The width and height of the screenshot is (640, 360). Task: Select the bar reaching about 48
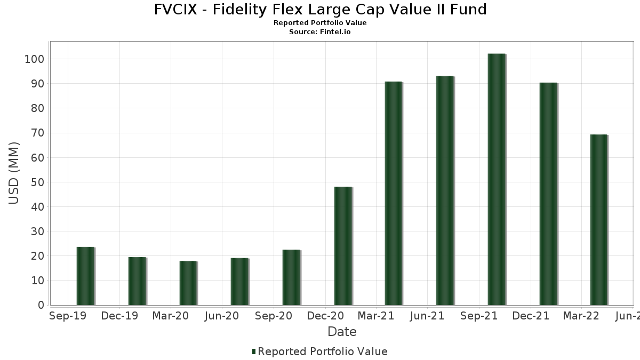click(x=343, y=246)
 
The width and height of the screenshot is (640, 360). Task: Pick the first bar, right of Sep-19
click(x=85, y=276)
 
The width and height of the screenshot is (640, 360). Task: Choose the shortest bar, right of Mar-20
click(x=188, y=283)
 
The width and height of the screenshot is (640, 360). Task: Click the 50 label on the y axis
click(x=37, y=182)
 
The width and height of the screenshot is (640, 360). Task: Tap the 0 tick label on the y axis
click(x=40, y=306)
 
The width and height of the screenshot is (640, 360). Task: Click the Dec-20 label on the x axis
click(x=325, y=316)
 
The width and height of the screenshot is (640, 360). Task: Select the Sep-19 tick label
click(x=68, y=316)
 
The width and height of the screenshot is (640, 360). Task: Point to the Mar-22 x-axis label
click(x=581, y=316)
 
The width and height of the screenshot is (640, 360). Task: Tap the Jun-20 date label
click(x=222, y=316)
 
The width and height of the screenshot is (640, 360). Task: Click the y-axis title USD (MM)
click(x=14, y=173)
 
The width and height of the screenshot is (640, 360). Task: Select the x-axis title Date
click(x=342, y=332)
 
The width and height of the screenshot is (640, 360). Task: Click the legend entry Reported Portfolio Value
click(x=322, y=351)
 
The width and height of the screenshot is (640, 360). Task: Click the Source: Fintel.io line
click(x=320, y=32)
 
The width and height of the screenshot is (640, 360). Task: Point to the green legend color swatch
click(x=254, y=351)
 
